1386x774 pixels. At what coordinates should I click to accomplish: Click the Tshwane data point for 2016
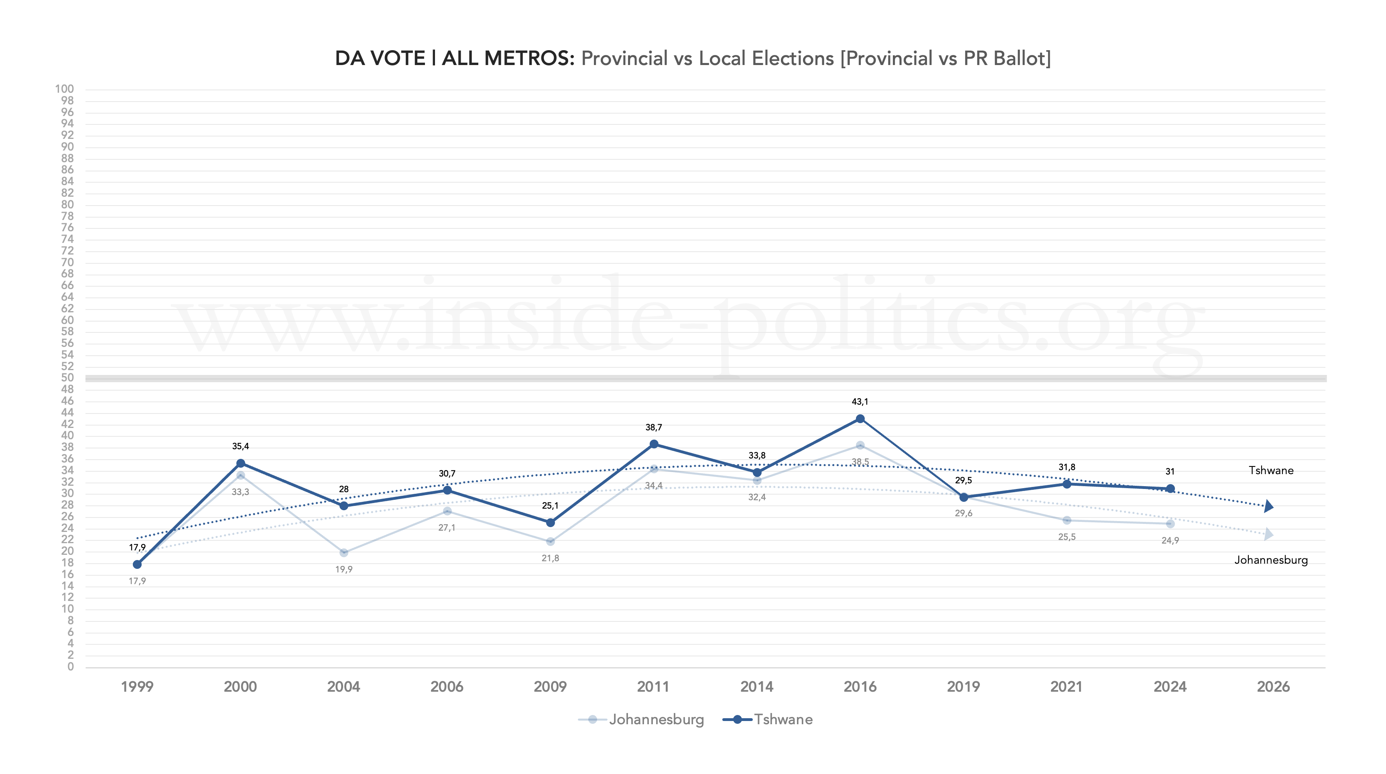click(860, 419)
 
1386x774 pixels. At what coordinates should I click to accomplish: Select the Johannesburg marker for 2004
click(344, 553)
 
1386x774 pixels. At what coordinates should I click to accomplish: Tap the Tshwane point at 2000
click(240, 463)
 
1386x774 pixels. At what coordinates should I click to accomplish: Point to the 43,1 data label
click(860, 401)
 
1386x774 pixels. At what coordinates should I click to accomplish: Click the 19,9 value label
click(344, 570)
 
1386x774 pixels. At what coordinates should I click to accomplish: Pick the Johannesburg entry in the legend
click(656, 720)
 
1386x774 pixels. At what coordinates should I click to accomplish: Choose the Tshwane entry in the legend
click(783, 720)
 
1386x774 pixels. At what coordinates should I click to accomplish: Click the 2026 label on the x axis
click(1273, 687)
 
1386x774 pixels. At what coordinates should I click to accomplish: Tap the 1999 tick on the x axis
click(137, 687)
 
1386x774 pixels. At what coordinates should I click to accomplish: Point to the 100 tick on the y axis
click(65, 89)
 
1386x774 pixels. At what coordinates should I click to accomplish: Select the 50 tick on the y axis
click(67, 378)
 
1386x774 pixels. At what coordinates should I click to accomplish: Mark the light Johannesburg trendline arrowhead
click(1269, 534)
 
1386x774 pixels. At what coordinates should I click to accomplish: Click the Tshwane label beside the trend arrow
click(1271, 471)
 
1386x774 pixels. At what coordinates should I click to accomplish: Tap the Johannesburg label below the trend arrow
click(1271, 560)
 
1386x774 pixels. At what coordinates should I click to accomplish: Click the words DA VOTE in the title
click(380, 58)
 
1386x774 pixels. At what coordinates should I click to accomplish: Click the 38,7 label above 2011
click(654, 428)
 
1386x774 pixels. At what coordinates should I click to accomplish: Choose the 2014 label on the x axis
click(756, 687)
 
